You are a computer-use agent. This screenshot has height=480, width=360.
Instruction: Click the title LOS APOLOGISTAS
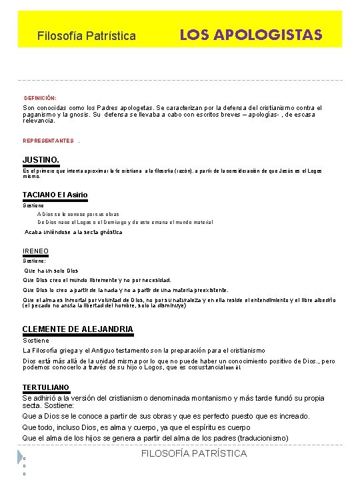pos(251,34)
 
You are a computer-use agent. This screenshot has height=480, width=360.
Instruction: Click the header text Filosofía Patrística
pos(87,35)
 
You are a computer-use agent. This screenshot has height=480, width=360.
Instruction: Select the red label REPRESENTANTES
pos(48,141)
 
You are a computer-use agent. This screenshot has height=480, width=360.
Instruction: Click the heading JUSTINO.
pos(41,160)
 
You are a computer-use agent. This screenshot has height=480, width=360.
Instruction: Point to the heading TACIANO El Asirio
pos(55,195)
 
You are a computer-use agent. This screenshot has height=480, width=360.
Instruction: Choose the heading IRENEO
pos(35,251)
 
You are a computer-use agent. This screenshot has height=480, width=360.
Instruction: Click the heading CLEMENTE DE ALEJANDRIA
pos(78,329)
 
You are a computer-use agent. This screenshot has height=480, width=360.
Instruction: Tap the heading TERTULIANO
pos(46,387)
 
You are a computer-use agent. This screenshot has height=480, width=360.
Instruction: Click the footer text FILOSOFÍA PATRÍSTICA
pos(195,453)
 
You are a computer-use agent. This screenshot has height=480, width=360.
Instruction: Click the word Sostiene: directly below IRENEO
pos(35,261)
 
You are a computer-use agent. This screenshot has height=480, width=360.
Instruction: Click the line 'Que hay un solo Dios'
pos(51,271)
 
